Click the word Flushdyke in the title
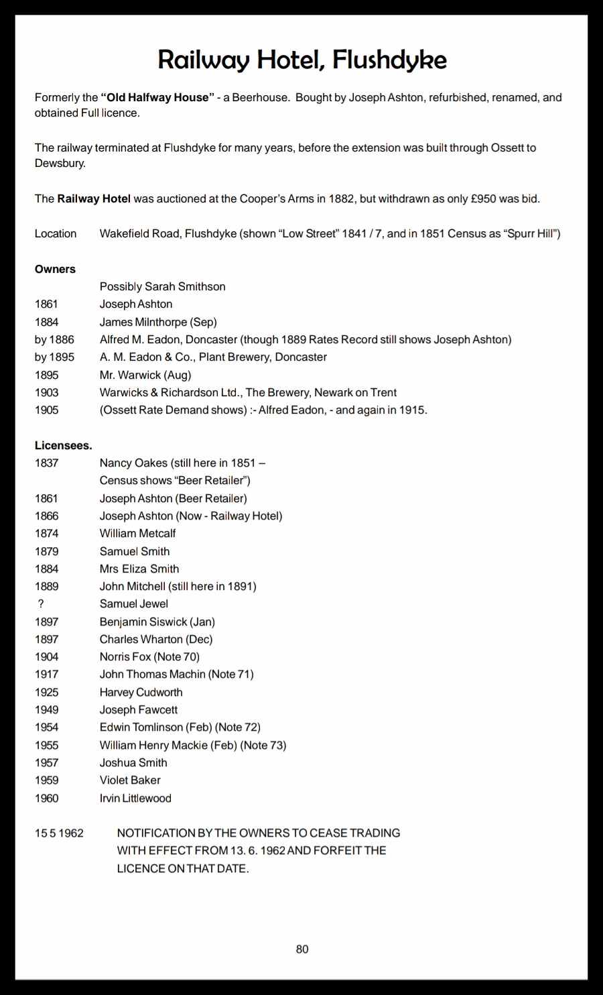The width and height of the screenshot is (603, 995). coord(389,60)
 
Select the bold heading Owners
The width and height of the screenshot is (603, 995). coord(55,269)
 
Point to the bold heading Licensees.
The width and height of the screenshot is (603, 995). coord(63,445)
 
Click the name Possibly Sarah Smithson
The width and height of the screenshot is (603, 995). coord(162,286)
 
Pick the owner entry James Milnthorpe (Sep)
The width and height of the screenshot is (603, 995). coord(158,322)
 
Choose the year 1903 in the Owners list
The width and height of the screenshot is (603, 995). coord(46,392)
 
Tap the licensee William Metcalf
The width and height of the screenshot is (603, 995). coord(137,533)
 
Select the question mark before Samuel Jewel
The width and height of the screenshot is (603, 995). coord(41,603)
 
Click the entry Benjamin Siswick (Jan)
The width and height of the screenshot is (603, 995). coord(157,622)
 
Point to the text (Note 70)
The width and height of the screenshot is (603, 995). coord(177,656)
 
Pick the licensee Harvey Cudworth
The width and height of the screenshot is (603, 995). coord(141,692)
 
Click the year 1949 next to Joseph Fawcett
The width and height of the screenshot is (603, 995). coord(46,709)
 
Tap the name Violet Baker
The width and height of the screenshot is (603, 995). coord(130,780)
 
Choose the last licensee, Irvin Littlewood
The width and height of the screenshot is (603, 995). coord(135,798)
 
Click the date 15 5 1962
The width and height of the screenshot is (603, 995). coord(59,833)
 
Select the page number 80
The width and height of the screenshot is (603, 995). coord(302,949)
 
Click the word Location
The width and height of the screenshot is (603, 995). coord(56,233)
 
